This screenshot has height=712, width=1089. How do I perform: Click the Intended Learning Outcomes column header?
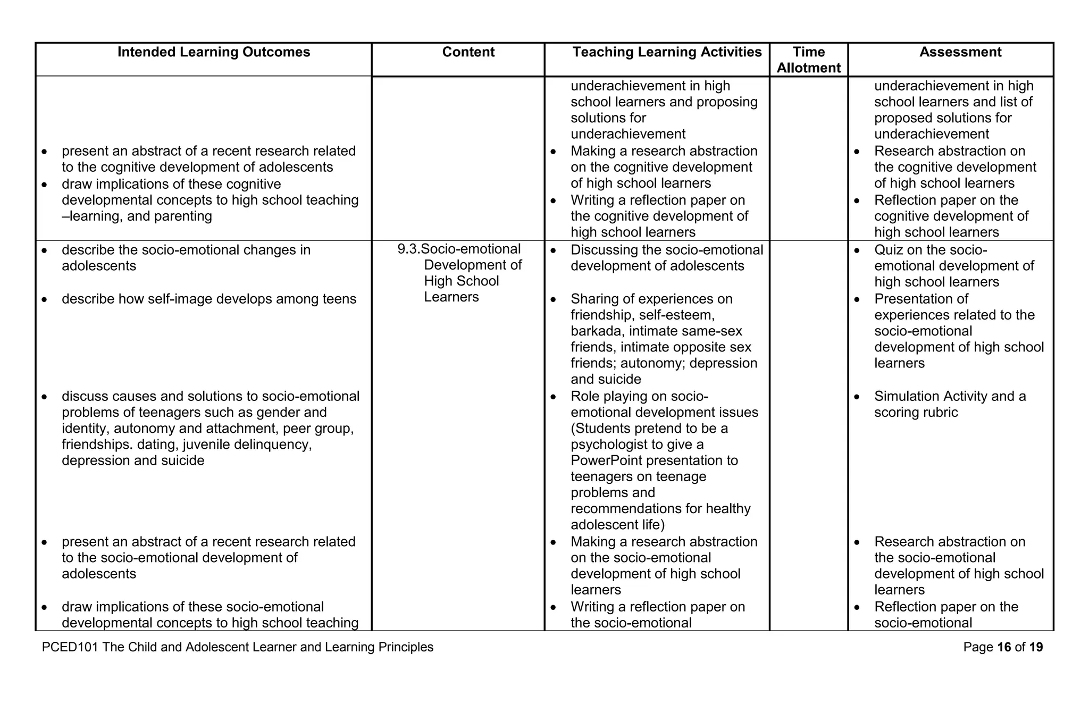(x=214, y=52)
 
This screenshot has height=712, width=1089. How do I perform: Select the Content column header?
(x=468, y=52)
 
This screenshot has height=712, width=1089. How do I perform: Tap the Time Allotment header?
(x=808, y=60)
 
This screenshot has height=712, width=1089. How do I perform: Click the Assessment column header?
(x=960, y=52)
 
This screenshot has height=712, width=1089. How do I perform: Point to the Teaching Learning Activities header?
(x=667, y=52)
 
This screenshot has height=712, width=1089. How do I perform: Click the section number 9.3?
(x=408, y=249)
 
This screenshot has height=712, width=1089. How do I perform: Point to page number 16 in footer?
(x=1004, y=647)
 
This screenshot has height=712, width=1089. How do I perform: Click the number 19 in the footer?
(x=1036, y=647)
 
